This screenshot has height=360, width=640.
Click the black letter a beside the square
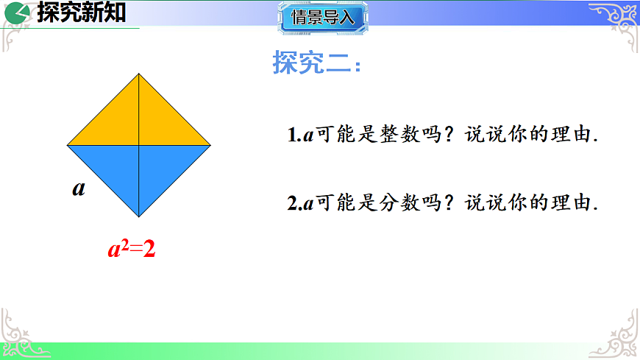point(79,188)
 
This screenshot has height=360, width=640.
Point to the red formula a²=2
point(132,250)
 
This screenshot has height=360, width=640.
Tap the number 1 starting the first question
point(291,135)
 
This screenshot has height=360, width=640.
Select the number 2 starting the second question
point(291,203)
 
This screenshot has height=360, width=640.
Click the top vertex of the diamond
point(139,73)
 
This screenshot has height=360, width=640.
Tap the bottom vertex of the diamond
point(139,217)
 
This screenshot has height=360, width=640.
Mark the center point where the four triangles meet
point(139,145)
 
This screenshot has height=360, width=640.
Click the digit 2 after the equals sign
point(149,250)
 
